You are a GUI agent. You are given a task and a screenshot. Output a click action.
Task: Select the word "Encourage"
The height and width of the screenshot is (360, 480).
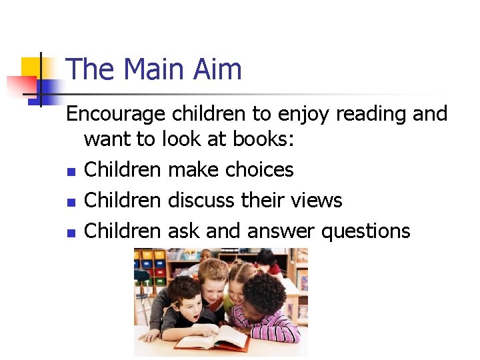tap(115, 115)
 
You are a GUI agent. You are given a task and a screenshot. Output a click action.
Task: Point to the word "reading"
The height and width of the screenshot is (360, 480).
tap(371, 115)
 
